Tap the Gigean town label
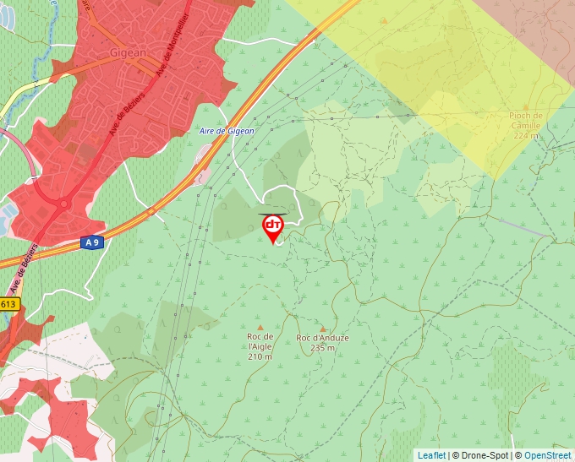129,52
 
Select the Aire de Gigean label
226,130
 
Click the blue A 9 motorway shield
92,242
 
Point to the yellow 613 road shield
8,304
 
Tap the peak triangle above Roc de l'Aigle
260,327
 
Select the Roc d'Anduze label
322,338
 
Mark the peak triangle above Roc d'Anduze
322,328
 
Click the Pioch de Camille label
526,121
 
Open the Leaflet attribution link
431,455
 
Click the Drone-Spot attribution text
481,455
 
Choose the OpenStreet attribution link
548,455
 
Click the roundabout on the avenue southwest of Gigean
63,204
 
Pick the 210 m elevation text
260,356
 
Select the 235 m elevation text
322,347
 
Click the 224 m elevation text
525,135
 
